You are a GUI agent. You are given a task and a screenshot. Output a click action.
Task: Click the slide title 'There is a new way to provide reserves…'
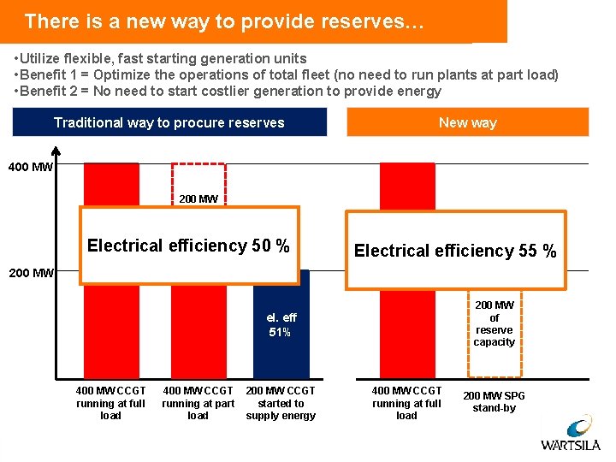[x=224, y=21]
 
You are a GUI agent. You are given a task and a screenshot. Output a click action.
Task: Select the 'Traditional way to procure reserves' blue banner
[x=169, y=122]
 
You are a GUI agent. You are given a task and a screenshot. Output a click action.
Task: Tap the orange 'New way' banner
[x=467, y=122]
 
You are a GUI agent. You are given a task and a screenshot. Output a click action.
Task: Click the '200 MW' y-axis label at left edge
[x=30, y=274]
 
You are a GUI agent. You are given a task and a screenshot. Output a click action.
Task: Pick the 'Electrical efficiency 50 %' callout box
[x=189, y=246]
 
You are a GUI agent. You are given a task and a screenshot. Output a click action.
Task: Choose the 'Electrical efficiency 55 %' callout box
[x=455, y=251]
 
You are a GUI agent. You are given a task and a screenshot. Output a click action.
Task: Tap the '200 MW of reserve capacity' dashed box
[x=495, y=323]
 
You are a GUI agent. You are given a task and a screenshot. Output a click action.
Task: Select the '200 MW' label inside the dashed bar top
[x=198, y=199]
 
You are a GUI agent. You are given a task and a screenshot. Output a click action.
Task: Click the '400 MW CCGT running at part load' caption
[x=198, y=403]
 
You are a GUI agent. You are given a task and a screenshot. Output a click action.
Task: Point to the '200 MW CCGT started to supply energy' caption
[x=281, y=403]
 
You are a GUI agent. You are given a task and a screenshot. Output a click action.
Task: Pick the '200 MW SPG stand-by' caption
[x=495, y=402]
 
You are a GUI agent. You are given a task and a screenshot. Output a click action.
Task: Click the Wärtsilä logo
[x=571, y=431]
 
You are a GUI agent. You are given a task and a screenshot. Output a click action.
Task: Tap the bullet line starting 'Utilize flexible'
[x=161, y=59]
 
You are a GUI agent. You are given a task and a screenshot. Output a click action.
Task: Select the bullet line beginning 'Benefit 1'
[x=287, y=75]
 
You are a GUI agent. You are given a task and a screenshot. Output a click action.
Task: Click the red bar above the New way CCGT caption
[x=406, y=334]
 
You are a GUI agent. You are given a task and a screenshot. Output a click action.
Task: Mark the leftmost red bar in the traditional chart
[x=111, y=334]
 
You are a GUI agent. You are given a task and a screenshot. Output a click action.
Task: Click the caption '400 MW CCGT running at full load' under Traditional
[x=110, y=403]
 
